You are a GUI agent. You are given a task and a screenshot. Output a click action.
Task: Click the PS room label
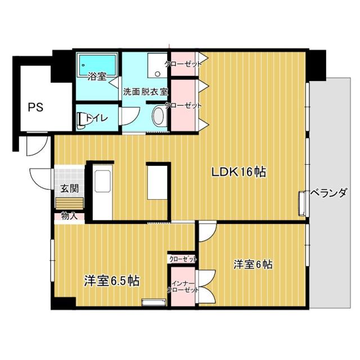[x=34, y=106]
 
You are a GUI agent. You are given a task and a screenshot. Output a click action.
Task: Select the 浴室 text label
[x=97, y=76]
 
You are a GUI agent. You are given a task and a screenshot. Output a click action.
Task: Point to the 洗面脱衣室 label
[x=146, y=91]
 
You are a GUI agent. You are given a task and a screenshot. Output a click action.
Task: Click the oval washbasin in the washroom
[x=158, y=118]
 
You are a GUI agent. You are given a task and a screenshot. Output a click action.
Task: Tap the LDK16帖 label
[x=238, y=173]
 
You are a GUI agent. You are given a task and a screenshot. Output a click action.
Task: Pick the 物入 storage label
[x=69, y=215]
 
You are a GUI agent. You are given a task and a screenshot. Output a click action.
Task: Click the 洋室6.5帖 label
[x=112, y=280]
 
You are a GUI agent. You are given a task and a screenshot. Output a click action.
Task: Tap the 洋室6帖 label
[x=253, y=264]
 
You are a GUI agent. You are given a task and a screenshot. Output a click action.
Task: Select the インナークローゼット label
[x=183, y=286]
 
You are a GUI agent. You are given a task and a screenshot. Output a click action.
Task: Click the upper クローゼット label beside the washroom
[x=183, y=64]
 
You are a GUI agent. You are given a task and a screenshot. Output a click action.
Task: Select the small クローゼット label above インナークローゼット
[x=183, y=259]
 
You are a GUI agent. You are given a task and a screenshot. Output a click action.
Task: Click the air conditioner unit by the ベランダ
[x=303, y=203]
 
